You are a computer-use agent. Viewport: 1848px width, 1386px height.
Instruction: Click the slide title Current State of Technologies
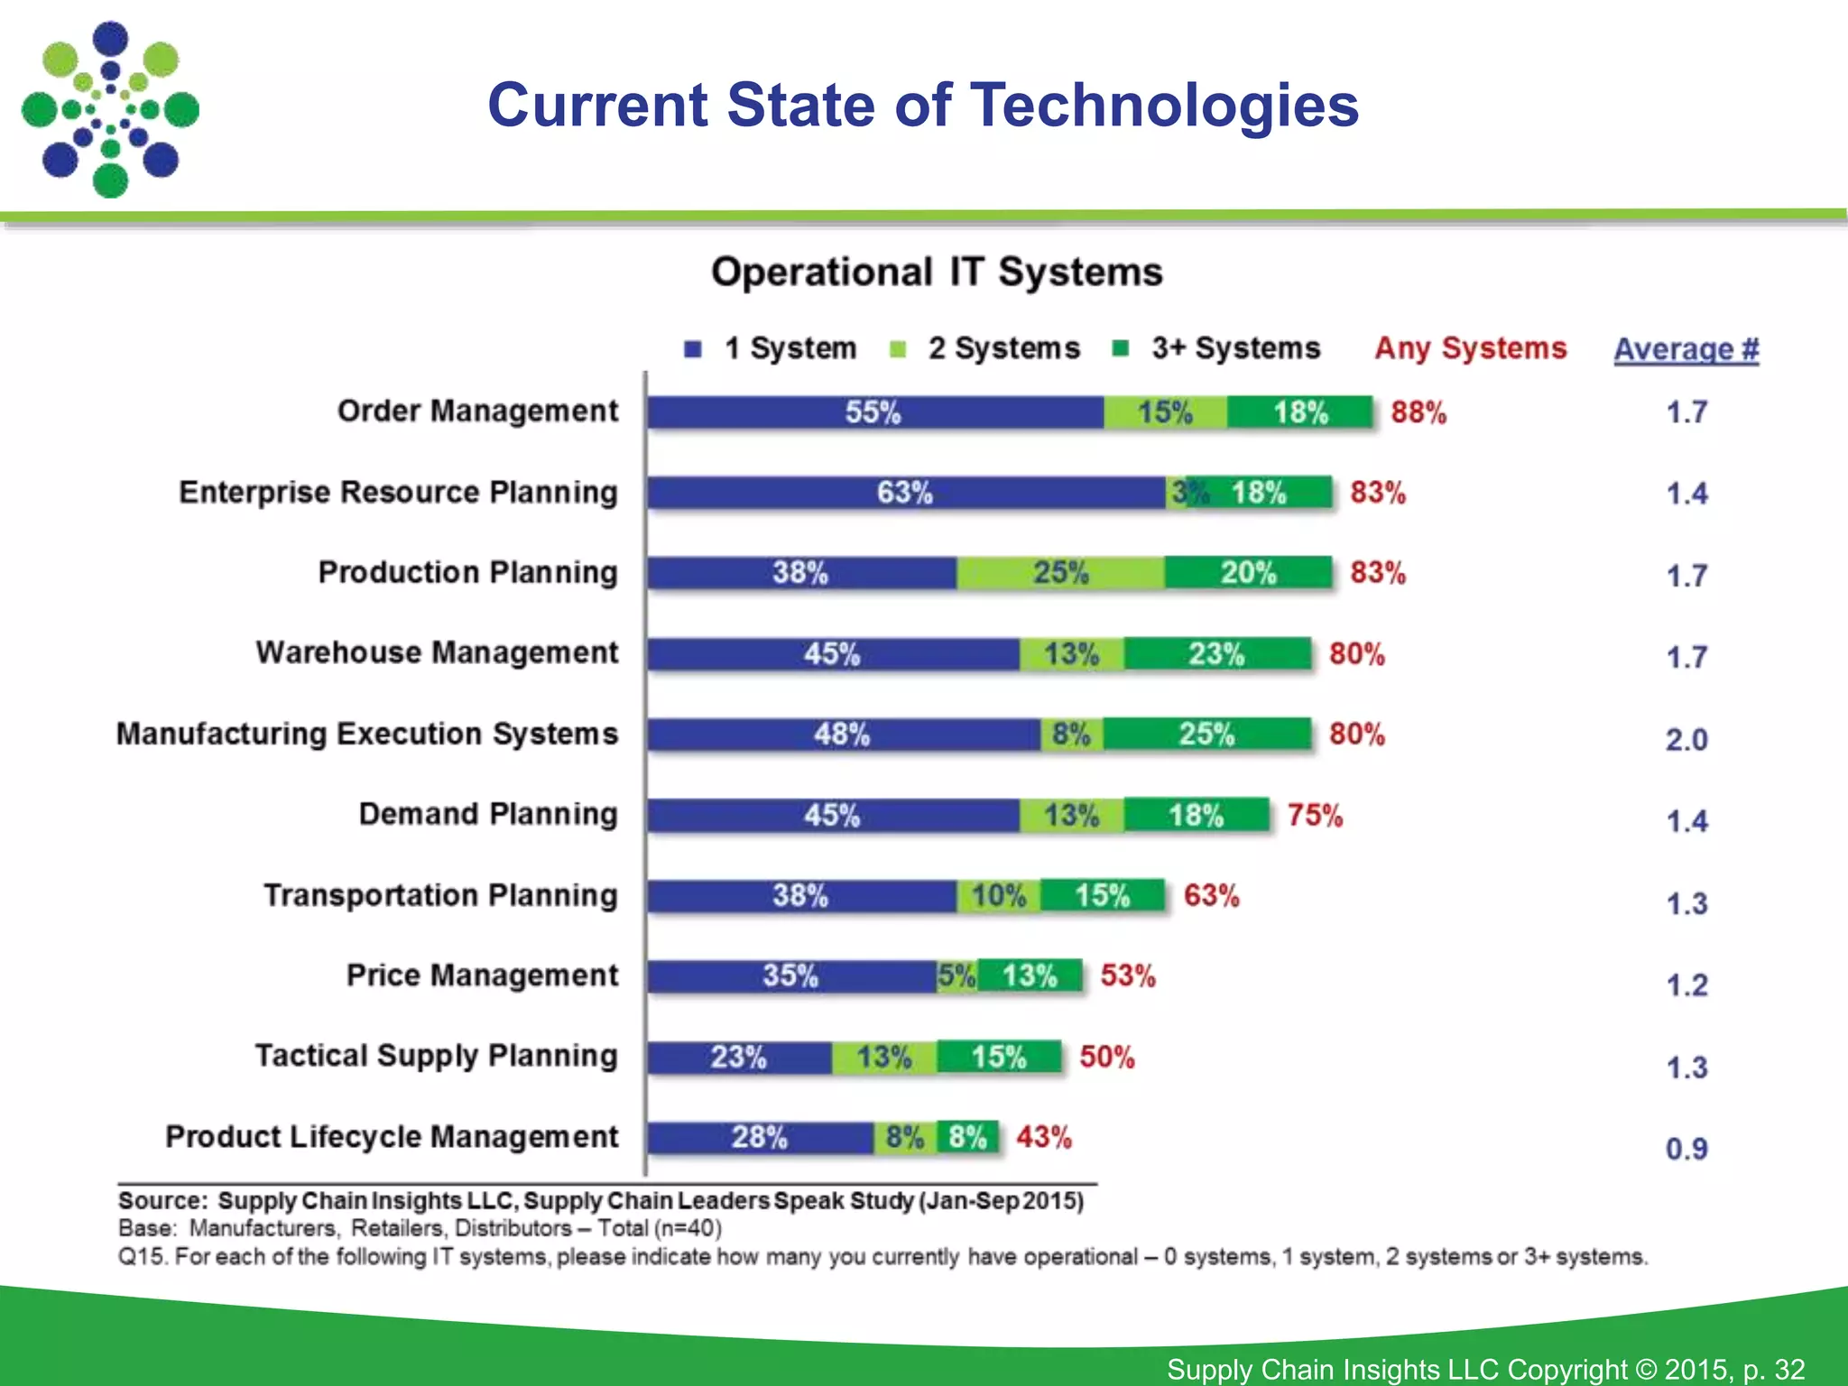[x=922, y=106]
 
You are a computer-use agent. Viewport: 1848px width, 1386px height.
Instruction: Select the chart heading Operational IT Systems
[x=937, y=272]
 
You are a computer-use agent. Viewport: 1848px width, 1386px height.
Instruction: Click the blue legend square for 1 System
[x=693, y=349]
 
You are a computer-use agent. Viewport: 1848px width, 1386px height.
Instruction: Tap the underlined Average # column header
[x=1686, y=349]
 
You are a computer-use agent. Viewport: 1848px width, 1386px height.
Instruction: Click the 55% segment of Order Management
[x=873, y=412]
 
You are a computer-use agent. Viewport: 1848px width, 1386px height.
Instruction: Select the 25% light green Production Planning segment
[x=1060, y=573]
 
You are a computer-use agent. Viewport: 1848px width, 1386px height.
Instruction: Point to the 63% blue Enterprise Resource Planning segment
[x=905, y=493]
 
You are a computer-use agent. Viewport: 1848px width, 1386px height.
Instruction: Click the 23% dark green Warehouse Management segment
[x=1216, y=653]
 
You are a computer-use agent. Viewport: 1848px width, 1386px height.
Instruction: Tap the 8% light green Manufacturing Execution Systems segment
[x=1071, y=735]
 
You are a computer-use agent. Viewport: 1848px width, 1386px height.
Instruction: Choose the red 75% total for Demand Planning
[x=1315, y=816]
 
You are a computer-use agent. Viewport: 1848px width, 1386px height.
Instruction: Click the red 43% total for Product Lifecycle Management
[x=1044, y=1137]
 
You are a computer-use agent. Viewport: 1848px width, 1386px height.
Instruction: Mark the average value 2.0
[x=1686, y=740]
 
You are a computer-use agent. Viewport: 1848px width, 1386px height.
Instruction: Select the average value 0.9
[x=1686, y=1150]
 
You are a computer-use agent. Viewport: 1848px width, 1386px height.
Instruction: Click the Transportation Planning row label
[x=440, y=895]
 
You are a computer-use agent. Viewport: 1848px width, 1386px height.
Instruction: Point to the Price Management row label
[x=482, y=975]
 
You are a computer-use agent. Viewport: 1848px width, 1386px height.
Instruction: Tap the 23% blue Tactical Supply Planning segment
[x=738, y=1057]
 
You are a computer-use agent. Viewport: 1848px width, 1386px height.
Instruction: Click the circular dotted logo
[x=110, y=110]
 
